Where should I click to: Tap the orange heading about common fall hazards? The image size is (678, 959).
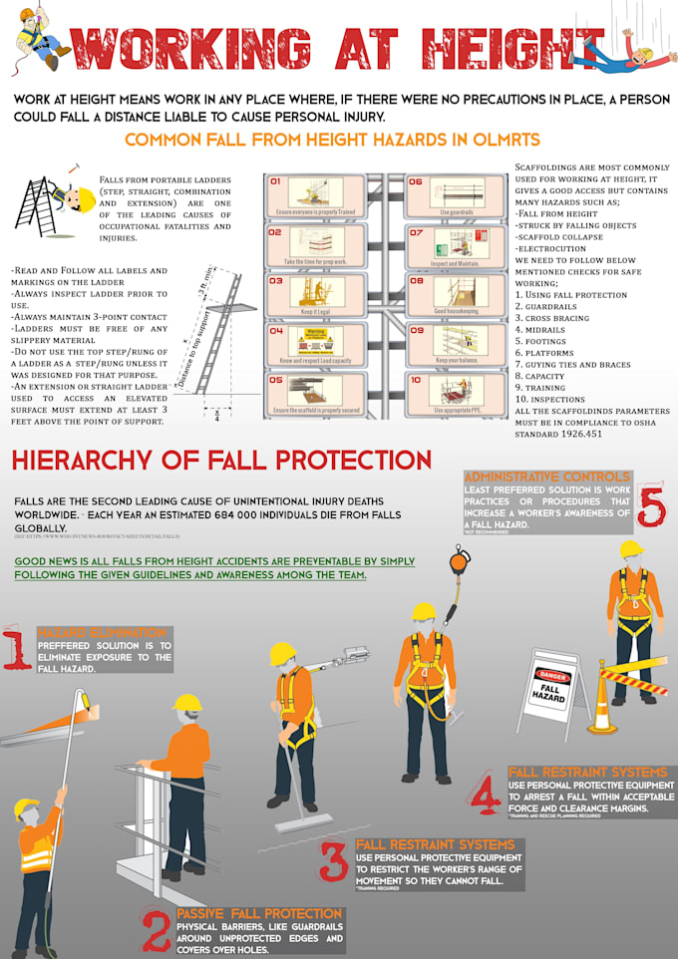point(332,139)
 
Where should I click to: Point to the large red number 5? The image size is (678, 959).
point(650,505)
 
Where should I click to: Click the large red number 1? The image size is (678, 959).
point(17,648)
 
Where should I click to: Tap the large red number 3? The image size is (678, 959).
point(333,861)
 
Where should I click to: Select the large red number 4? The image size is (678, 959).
point(487,794)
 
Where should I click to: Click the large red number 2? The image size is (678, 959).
point(156,932)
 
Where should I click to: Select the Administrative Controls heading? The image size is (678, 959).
point(547,477)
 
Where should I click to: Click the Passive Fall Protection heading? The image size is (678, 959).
point(259,913)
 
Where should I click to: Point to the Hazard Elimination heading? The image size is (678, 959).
point(102,633)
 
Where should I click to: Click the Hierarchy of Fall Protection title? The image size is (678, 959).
point(220,460)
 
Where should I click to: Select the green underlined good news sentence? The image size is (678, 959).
point(214,568)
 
